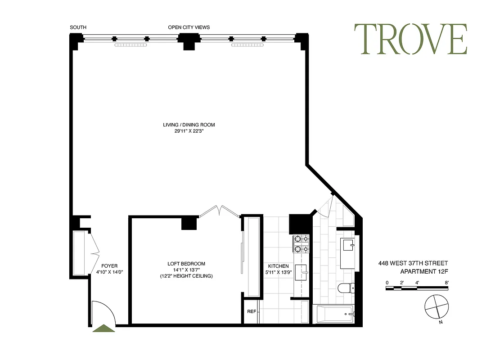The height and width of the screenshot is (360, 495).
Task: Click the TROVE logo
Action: (410, 39)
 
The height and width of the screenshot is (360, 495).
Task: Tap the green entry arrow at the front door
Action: (103, 328)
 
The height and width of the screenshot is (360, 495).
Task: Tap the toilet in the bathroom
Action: (346, 288)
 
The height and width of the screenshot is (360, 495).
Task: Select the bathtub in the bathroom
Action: (333, 314)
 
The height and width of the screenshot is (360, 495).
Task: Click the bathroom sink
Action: (348, 246)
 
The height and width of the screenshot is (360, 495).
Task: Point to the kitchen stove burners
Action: (300, 243)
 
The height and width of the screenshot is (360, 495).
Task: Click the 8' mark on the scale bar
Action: (447, 283)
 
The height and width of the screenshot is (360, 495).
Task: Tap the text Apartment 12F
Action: (424, 271)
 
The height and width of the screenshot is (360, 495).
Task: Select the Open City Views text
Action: (189, 27)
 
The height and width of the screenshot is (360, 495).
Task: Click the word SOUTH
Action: (78, 27)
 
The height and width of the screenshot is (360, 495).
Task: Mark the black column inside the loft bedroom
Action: (189, 223)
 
